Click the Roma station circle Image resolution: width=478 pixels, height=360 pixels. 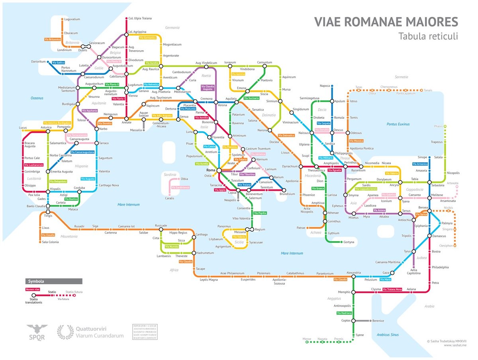click(219, 170)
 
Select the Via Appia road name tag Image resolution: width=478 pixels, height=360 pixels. click(219, 190)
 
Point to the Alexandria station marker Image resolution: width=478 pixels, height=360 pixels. click(353, 277)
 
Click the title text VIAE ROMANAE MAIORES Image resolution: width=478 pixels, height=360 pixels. click(386, 22)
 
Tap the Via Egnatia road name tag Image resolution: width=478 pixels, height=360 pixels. click(334, 171)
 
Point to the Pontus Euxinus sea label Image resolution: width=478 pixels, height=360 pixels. click(398, 124)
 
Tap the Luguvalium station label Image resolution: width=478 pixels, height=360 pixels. click(72, 19)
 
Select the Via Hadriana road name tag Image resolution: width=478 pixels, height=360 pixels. click(344, 313)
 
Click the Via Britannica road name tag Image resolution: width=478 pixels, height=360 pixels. click(53, 39)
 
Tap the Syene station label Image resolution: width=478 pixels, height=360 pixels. click(360, 335)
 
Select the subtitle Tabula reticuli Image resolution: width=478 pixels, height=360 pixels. click(428, 36)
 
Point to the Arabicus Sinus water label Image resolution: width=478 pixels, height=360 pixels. click(388, 335)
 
